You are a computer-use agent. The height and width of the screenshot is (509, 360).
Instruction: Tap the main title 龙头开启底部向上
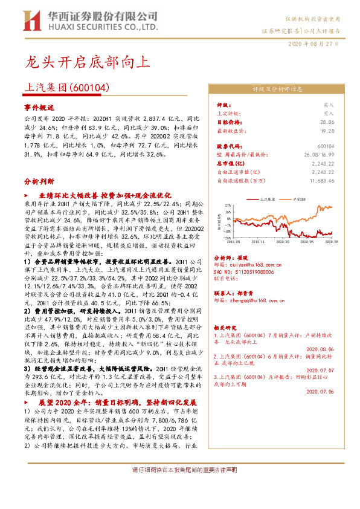click(x=85, y=61)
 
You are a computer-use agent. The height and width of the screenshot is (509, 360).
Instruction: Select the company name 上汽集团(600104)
click(x=67, y=87)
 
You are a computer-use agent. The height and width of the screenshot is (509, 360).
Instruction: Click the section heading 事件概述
click(x=39, y=106)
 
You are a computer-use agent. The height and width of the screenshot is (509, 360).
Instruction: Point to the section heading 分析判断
click(x=39, y=181)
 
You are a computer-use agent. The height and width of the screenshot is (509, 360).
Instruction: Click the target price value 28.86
click(x=326, y=122)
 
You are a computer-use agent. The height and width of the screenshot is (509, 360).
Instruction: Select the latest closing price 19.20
click(x=326, y=130)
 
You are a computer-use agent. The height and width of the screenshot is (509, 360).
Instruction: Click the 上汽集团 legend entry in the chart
click(x=266, y=198)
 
